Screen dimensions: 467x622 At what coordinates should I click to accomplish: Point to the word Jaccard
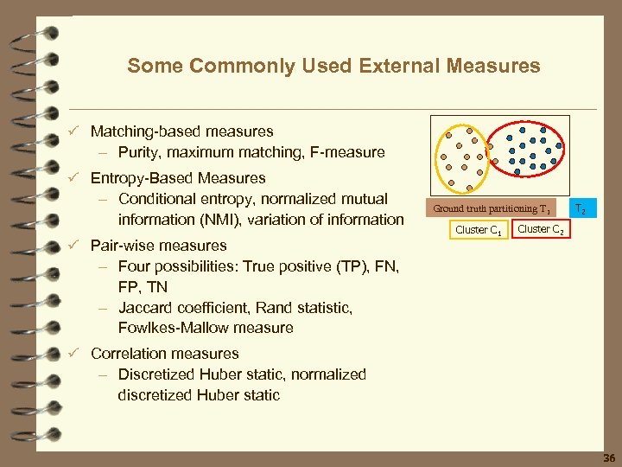click(149, 308)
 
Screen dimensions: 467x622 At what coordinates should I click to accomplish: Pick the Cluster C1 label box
click(478, 230)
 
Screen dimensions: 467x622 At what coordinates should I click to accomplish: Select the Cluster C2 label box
click(541, 229)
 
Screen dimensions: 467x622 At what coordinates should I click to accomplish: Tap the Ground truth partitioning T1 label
click(492, 208)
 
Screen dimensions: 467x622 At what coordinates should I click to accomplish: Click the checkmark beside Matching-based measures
click(75, 131)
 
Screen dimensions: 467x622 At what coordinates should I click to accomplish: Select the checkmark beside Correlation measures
click(75, 354)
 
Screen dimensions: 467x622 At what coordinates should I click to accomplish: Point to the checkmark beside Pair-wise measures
click(75, 246)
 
